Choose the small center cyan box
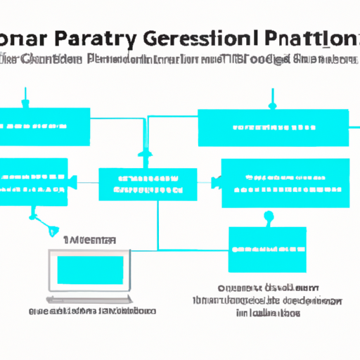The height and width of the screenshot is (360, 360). (x=147, y=184)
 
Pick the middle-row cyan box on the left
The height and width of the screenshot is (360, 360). (x=34, y=181)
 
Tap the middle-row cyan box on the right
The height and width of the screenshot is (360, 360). (x=285, y=183)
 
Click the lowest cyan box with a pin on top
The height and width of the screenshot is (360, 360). (x=268, y=249)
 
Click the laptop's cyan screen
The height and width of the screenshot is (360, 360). (x=89, y=270)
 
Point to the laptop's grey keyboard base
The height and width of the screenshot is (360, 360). (x=89, y=296)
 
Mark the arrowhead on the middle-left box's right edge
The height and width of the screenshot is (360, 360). (x=71, y=184)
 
